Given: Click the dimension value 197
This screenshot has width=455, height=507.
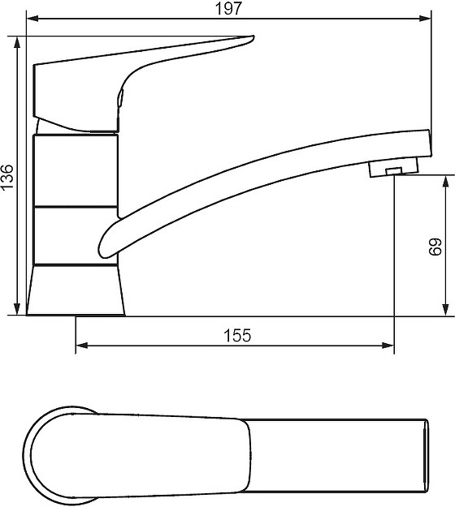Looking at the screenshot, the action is tap(228, 9).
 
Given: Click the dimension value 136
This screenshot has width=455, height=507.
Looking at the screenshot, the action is tap(7, 177).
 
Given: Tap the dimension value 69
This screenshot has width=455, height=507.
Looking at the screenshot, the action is tap(435, 247).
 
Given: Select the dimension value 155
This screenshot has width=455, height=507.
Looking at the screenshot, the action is tap(237, 335).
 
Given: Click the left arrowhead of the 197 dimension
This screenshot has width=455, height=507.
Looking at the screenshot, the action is tap(32, 19).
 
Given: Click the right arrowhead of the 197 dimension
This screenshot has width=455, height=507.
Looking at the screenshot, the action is tap(425, 19).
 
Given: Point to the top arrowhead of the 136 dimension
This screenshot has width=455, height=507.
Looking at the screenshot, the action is tap(17, 43).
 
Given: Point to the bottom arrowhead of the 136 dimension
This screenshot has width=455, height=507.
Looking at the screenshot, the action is tap(17, 308).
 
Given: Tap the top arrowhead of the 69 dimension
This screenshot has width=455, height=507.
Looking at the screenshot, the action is tap(445, 182).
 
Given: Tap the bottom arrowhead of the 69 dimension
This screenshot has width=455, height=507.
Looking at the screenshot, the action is tap(445, 309).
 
